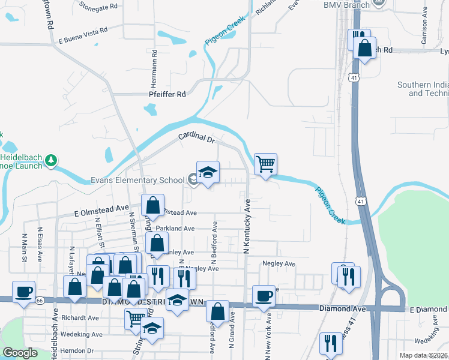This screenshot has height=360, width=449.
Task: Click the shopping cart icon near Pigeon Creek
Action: tap(265, 163)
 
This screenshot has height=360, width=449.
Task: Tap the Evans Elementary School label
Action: tap(137, 180)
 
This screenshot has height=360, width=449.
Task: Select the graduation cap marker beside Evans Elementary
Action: tap(208, 172)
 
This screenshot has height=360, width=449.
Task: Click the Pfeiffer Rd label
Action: tap(167, 94)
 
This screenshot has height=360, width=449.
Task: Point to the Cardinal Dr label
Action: tap(196, 139)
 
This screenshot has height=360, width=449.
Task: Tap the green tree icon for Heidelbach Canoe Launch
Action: tap(53, 160)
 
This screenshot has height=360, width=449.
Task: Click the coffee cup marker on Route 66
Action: tap(24, 292)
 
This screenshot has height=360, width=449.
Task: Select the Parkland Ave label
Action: tap(175, 229)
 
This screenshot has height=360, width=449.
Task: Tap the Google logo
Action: tap(20, 353)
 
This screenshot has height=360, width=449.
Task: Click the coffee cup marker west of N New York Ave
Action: tap(264, 296)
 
